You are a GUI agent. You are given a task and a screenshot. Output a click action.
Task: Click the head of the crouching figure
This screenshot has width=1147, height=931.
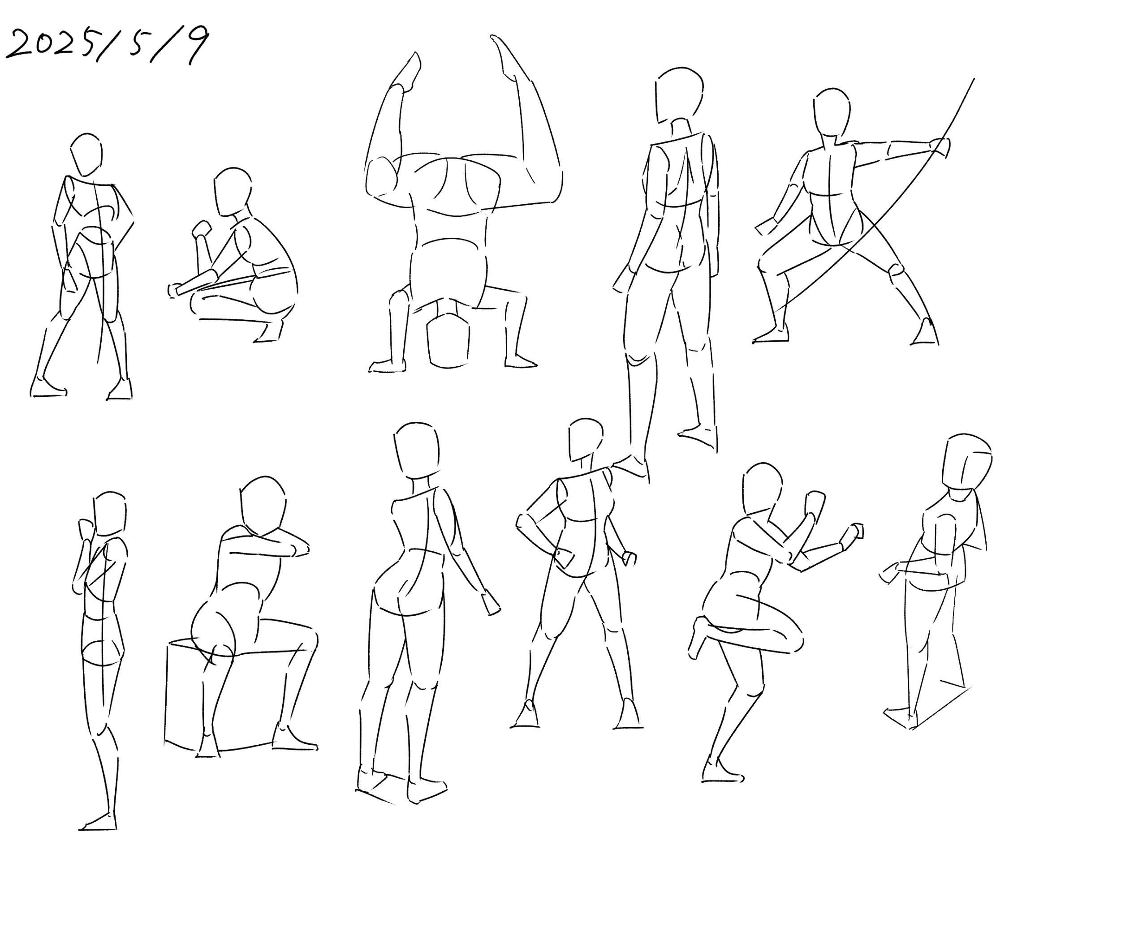point(232,192)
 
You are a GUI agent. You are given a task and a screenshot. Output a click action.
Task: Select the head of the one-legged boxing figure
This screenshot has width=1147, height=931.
point(762,489)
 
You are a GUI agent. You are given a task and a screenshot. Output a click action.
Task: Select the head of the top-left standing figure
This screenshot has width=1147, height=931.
point(86,154)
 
